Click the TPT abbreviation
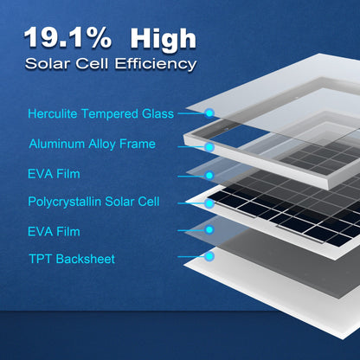click(x=40, y=259)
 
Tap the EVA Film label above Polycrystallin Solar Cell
click(x=54, y=174)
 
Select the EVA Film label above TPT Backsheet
click(x=54, y=231)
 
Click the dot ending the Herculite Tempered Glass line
click(x=209, y=112)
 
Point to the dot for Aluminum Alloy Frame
click(x=209, y=143)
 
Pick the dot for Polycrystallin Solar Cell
click(x=209, y=203)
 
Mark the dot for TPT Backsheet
click(x=209, y=257)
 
